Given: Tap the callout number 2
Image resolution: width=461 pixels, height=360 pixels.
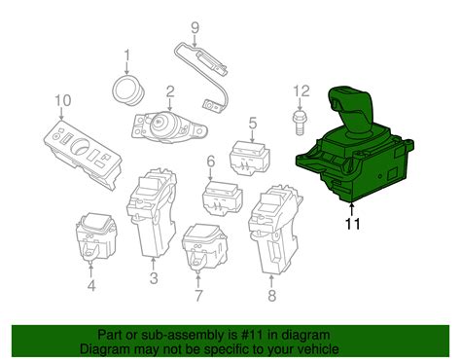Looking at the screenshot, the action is tap(169, 92).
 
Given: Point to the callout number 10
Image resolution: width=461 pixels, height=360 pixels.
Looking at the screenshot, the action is tap(63, 100).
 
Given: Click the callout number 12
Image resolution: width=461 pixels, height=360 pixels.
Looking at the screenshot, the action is tap(301, 91).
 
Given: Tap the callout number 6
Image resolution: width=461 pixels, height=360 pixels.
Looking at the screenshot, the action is tap(210, 162).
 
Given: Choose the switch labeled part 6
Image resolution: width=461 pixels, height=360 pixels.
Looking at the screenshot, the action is tap(223, 198).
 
